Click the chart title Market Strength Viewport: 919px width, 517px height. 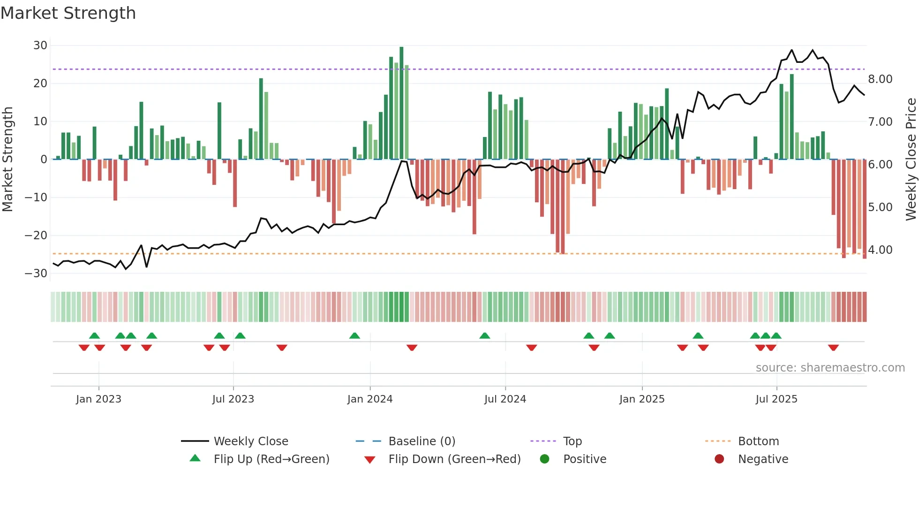point(68,13)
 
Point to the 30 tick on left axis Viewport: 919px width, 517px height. point(40,46)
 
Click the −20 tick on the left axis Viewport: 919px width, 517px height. point(36,236)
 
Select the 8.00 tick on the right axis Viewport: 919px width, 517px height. point(880,79)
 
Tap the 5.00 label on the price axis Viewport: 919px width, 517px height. point(880,207)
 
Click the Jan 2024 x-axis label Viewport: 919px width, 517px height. point(370,399)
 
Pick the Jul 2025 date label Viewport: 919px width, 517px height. point(776,399)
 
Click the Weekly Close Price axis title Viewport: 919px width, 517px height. point(911,159)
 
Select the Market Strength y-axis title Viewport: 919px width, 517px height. point(8,159)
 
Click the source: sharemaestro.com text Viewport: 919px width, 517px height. point(830,368)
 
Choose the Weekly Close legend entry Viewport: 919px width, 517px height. point(251,441)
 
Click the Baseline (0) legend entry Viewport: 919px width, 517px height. point(422,441)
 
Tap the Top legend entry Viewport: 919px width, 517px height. point(572,441)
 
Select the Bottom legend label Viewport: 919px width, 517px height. point(758,441)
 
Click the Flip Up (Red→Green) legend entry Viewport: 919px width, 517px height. point(271,459)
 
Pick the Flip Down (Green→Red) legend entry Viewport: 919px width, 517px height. point(454,459)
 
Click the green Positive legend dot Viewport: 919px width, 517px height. point(544,459)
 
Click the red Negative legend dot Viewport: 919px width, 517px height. point(719,459)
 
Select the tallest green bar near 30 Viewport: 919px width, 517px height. point(401,103)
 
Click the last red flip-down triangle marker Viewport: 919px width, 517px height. point(833,348)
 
